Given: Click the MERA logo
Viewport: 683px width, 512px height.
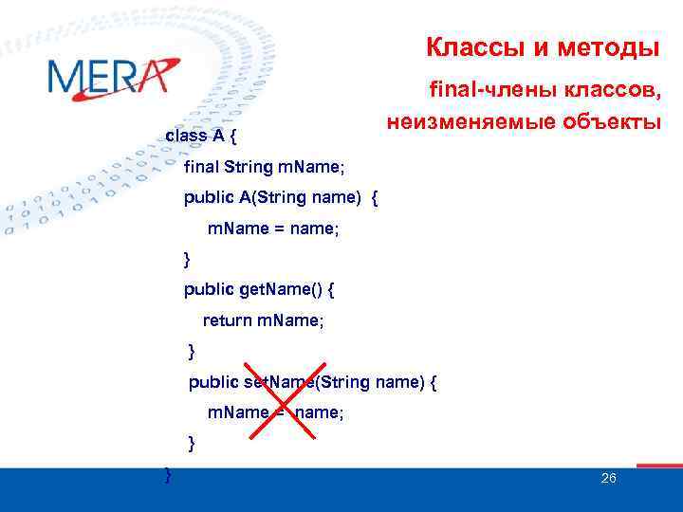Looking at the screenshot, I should pyautogui.click(x=112, y=77).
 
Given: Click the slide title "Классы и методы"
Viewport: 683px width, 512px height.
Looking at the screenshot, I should pyautogui.click(x=542, y=46).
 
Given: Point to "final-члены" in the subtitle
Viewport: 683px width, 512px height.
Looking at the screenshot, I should pyautogui.click(x=483, y=91).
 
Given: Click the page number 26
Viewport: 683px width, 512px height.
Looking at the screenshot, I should pyautogui.click(x=609, y=478).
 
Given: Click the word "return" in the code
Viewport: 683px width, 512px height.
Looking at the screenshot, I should pyautogui.click(x=227, y=320).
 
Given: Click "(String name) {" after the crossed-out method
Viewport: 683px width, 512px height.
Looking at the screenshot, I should pyautogui.click(x=379, y=383).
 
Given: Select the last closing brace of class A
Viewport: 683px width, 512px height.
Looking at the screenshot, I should pyautogui.click(x=168, y=472).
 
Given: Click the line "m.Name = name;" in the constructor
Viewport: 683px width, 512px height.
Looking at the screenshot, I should pyautogui.click(x=273, y=229).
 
